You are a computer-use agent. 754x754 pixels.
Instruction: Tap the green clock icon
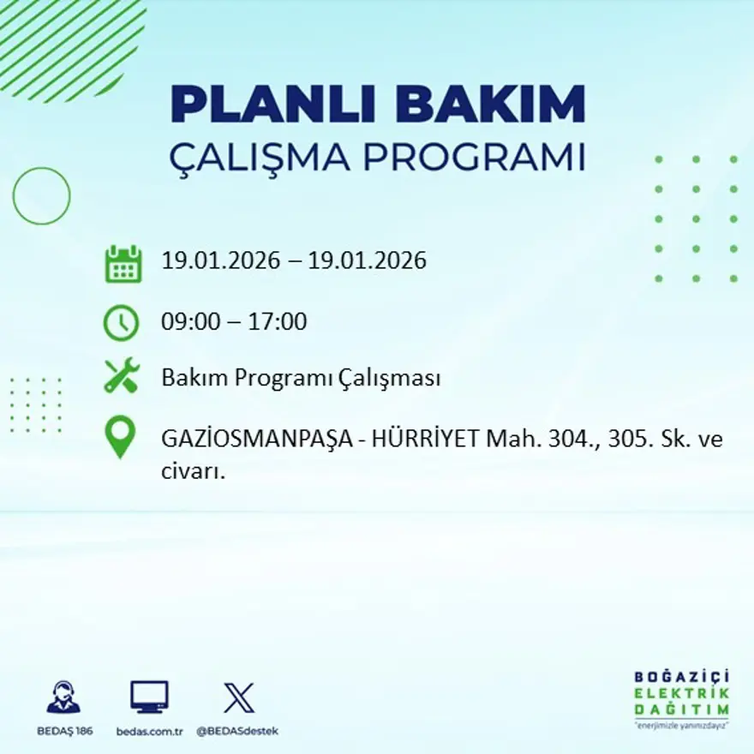tap(121, 322)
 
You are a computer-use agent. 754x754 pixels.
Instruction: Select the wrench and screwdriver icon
tap(121, 377)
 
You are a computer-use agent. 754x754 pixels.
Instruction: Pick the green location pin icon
tap(120, 436)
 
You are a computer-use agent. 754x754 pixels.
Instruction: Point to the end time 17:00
tap(278, 322)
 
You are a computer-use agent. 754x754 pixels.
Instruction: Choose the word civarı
tap(193, 470)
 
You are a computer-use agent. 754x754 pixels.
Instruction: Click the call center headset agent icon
tap(63, 697)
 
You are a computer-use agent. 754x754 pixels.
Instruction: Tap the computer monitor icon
tap(149, 697)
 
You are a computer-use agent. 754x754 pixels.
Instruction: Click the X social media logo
tap(238, 697)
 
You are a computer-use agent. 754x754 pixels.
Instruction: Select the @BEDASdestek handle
tap(237, 731)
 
